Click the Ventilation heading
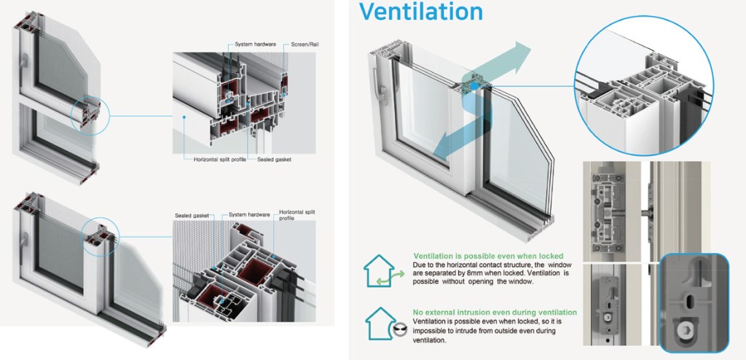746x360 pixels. [420, 12]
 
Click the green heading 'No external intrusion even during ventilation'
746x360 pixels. [495, 312]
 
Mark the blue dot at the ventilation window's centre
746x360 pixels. [474, 86]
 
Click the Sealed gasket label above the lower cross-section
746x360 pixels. [192, 215]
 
